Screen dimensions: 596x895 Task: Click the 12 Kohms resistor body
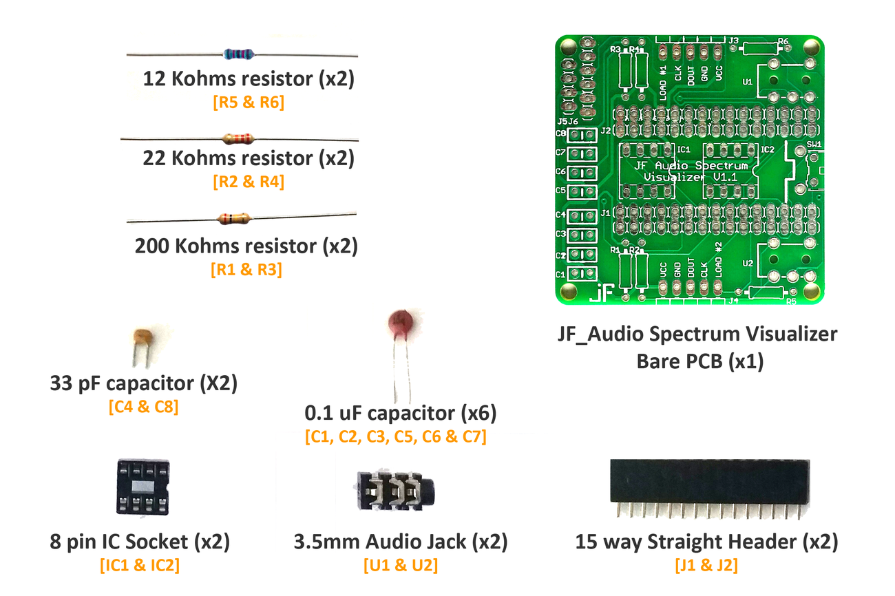239,53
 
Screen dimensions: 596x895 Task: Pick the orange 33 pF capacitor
143,339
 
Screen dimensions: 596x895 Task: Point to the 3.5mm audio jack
397,490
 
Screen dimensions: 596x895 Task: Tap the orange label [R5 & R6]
249,103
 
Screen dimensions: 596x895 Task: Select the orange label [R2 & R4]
249,182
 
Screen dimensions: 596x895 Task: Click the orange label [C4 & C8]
143,407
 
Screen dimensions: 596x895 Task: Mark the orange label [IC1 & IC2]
140,566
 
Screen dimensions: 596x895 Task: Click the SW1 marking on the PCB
814,145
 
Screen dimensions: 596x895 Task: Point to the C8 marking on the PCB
560,133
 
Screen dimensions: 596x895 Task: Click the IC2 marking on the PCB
767,149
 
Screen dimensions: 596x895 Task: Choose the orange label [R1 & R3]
246,269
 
